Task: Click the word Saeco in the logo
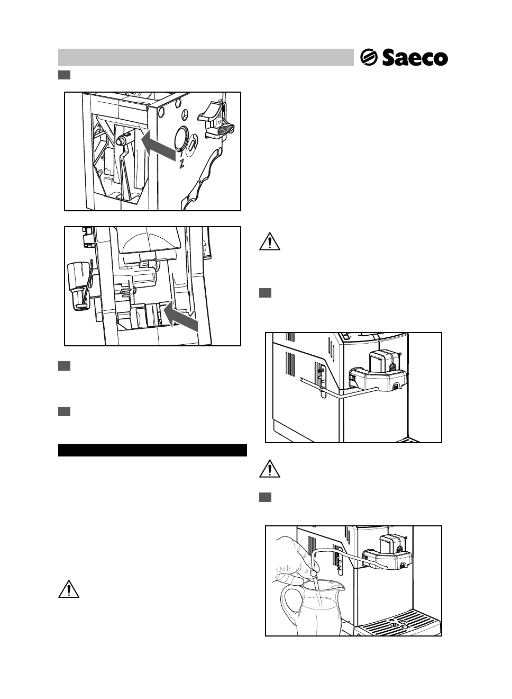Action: [415, 58]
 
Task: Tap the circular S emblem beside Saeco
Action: [369, 57]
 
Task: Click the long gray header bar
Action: [206, 57]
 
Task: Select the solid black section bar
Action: [152, 450]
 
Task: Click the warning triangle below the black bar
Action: [69, 589]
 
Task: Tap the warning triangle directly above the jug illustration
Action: [270, 469]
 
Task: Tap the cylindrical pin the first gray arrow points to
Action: [122, 139]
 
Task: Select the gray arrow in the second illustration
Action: [181, 316]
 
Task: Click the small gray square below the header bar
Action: [64, 75]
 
